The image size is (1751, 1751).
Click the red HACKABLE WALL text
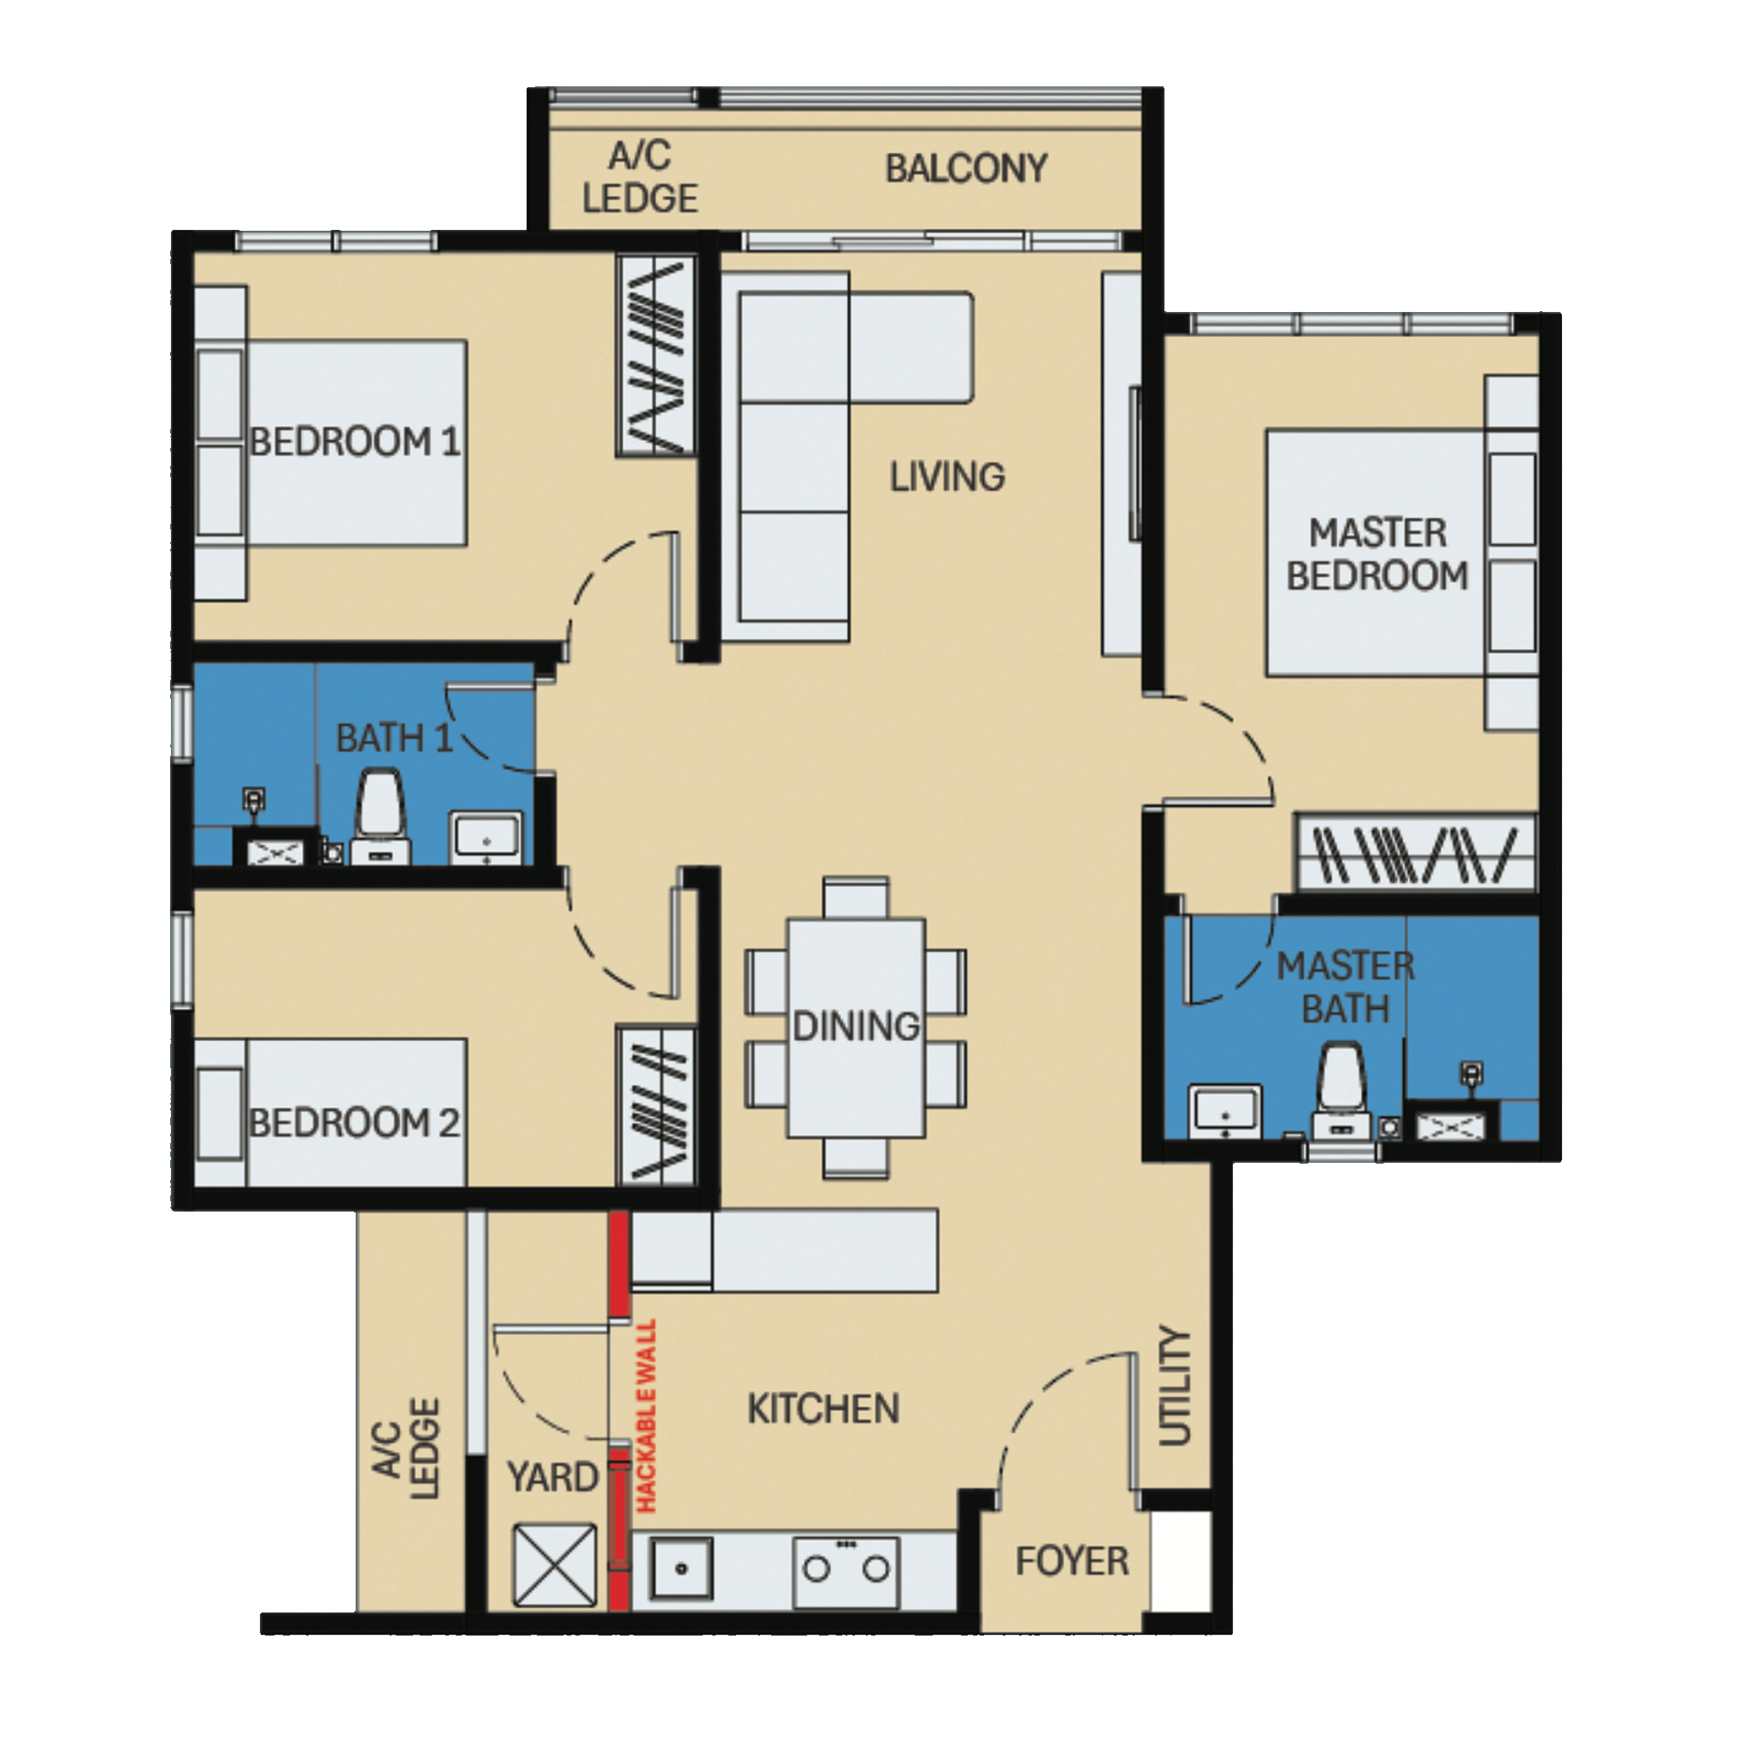(x=646, y=1417)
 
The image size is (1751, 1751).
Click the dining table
(x=856, y=1028)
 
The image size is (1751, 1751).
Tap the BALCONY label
(x=966, y=169)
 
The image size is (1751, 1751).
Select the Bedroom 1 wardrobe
(x=656, y=356)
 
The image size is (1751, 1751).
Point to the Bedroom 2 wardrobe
(x=656, y=1105)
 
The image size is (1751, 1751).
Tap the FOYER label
(x=1071, y=1561)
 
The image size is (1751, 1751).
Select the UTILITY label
(x=1175, y=1388)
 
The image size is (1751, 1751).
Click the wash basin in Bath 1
(x=487, y=836)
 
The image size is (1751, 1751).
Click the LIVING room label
(x=947, y=477)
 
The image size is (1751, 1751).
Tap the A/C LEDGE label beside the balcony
(x=640, y=177)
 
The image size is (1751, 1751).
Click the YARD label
(x=552, y=1477)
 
